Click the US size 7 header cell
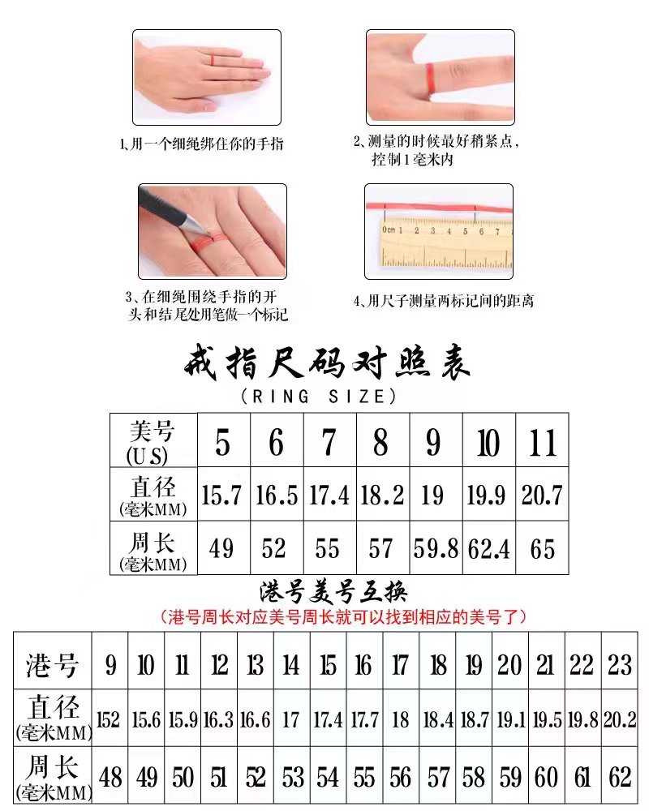tap(329, 441)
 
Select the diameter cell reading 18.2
tap(382, 495)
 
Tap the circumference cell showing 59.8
tap(436, 547)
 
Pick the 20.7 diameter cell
tap(542, 495)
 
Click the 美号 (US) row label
tap(153, 441)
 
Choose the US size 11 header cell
tap(542, 441)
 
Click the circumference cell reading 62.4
tap(488, 547)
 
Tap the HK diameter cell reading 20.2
tap(620, 718)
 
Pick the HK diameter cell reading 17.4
tap(328, 718)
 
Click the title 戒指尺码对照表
tap(327, 363)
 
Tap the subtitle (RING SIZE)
tap(319, 397)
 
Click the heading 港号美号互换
tap(333, 592)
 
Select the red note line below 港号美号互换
tap(344, 617)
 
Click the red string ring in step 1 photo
tap(213, 58)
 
